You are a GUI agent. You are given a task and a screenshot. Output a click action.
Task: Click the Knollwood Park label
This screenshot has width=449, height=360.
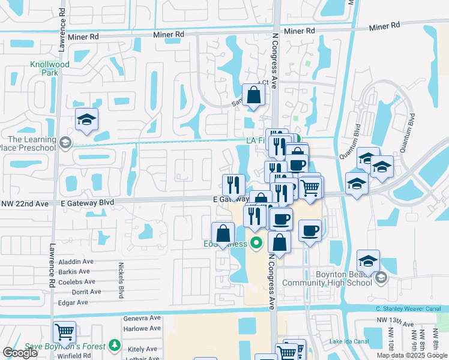50,68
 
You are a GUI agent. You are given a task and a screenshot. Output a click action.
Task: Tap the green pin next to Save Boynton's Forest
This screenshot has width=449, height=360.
116,346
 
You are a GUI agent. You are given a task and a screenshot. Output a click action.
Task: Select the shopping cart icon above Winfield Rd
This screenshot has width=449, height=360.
64,331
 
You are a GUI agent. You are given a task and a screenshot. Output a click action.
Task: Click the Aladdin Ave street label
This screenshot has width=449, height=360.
77,262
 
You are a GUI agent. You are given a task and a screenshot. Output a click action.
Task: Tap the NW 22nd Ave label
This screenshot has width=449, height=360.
26,203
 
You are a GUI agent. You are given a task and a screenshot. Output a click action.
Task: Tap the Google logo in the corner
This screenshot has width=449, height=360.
19,353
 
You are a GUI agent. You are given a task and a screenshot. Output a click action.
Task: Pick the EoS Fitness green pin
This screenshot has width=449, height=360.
256,244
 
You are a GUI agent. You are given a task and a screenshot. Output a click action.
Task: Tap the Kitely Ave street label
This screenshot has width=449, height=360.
142,349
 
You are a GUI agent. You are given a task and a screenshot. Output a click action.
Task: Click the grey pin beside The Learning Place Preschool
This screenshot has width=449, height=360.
65,143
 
